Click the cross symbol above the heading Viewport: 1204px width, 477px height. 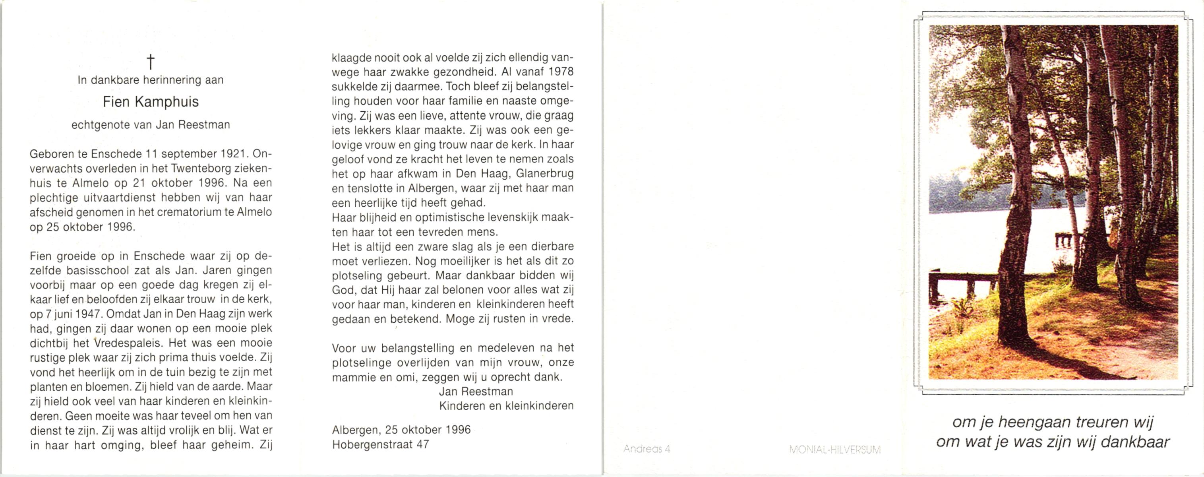151,61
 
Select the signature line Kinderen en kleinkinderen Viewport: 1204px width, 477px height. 506,406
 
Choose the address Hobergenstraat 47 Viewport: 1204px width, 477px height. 380,444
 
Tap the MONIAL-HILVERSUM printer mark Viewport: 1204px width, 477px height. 835,450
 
